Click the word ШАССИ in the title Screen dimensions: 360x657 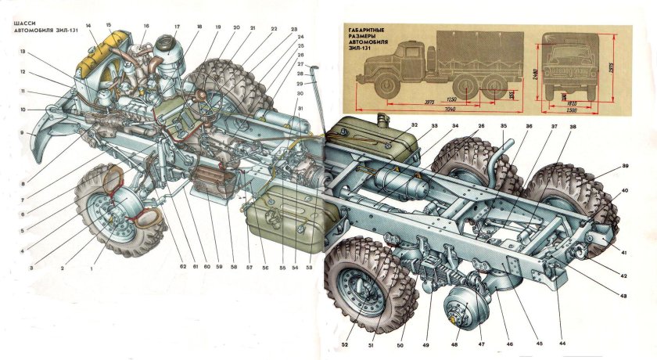point(23,23)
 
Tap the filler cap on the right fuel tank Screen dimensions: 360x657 point(382,118)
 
